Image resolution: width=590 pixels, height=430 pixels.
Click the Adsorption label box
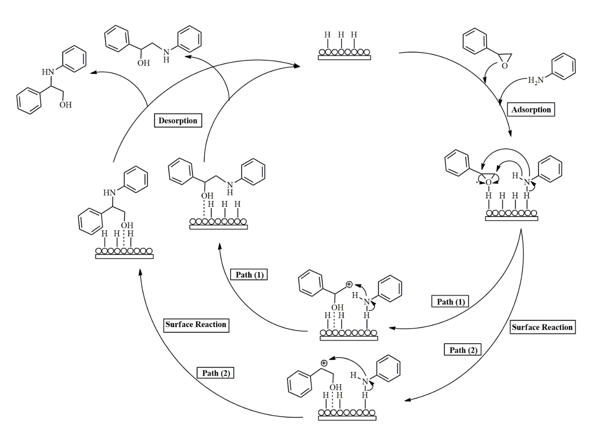point(531,110)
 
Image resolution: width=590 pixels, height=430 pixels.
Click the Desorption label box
point(178,120)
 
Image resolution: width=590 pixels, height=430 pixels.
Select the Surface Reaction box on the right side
point(542,327)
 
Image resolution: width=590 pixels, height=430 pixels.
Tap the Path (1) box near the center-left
point(249,275)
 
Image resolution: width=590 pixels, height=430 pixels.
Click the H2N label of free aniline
point(536,80)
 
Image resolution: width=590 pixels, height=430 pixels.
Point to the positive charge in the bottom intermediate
point(324,363)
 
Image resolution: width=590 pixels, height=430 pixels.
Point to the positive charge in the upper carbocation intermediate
point(349,284)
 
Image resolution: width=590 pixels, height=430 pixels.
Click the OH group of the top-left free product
point(144,63)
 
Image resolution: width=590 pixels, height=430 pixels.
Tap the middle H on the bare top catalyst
point(341,35)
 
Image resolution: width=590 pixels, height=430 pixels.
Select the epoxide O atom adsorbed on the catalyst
point(489,182)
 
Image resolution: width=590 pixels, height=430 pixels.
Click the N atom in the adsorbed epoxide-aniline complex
point(527,182)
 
